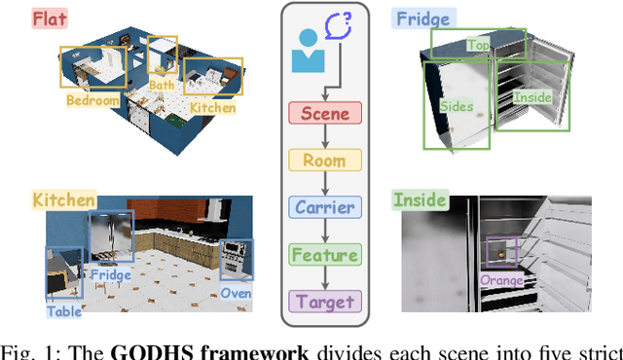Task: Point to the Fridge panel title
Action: coord(421,18)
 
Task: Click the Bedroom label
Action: coord(92,99)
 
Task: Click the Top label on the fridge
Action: coord(478,45)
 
